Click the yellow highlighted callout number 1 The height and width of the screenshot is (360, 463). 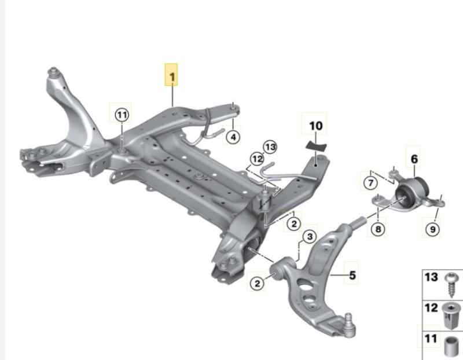tap(172, 75)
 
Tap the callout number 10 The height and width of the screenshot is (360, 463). tap(316, 126)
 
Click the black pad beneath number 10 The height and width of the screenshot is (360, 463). tap(315, 144)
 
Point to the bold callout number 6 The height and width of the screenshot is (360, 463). tap(414, 158)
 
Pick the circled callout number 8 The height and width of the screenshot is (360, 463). tap(377, 230)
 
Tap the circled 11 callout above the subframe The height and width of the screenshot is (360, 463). tap(122, 115)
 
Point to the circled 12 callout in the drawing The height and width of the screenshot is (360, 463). tap(256, 158)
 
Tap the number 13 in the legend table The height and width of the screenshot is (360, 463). tap(432, 278)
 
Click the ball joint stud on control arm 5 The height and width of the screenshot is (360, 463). tap(349, 318)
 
